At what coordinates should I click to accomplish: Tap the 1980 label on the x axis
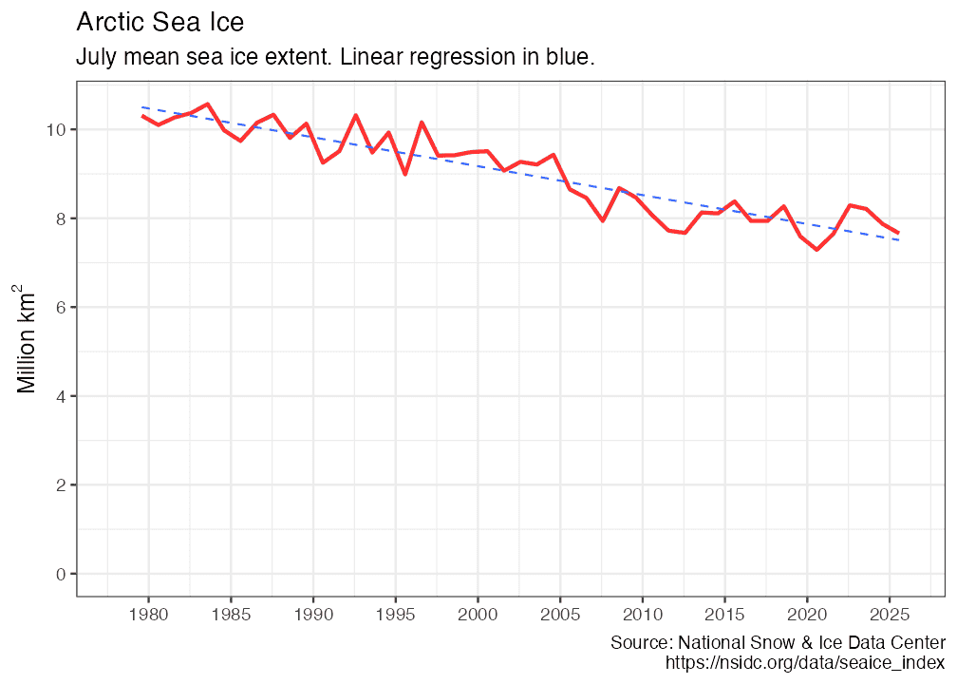click(x=148, y=615)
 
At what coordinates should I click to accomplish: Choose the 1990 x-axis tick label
click(x=313, y=615)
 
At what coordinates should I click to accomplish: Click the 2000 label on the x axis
click(x=478, y=615)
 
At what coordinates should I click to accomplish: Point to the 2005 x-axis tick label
click(x=560, y=615)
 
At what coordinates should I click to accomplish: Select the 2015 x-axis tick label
click(x=725, y=615)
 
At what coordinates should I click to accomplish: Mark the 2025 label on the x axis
click(x=890, y=615)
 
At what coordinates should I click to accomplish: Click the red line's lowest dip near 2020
click(x=816, y=250)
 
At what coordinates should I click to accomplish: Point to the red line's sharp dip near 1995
click(x=405, y=174)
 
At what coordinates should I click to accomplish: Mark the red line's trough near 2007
click(x=603, y=220)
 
